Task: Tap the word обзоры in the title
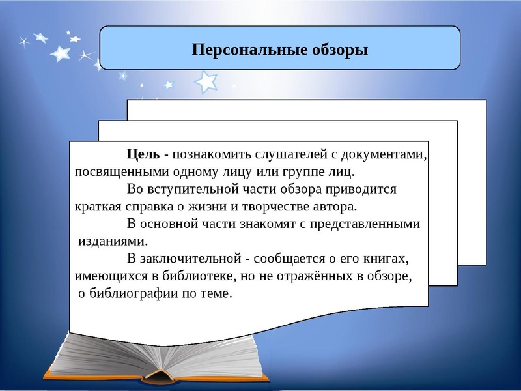[x=337, y=50]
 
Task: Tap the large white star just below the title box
[x=207, y=82]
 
